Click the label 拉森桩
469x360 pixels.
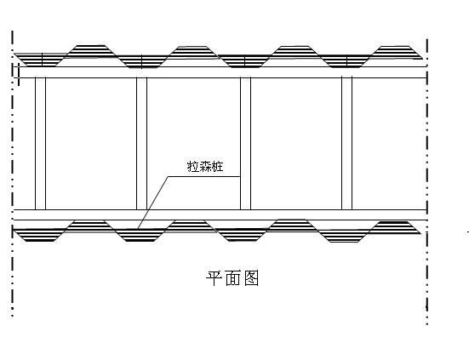coord(205,167)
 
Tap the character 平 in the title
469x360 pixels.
coord(214,278)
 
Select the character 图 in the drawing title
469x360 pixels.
coord(251,278)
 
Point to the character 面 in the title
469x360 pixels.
coord(232,278)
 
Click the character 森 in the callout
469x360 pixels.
coord(205,167)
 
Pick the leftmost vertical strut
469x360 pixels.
coord(40,144)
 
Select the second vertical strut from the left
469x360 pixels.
coord(142,144)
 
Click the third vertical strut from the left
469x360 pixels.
coord(246,144)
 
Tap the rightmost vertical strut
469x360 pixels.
coord(347,144)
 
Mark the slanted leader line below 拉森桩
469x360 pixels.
coord(153,203)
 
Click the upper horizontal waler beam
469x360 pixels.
coord(220,72)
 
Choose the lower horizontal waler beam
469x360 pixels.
coord(220,215)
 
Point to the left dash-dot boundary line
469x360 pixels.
coord(12,174)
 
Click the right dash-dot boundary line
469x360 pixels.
coord(427,181)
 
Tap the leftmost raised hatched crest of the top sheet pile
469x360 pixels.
coord(90,50)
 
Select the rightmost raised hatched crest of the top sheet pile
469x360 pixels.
coord(396,51)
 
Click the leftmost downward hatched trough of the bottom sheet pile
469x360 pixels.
coord(40,235)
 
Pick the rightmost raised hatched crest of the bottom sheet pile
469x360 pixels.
coord(394,227)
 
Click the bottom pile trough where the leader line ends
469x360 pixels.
coord(140,235)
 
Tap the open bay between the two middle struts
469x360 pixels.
coord(193,144)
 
